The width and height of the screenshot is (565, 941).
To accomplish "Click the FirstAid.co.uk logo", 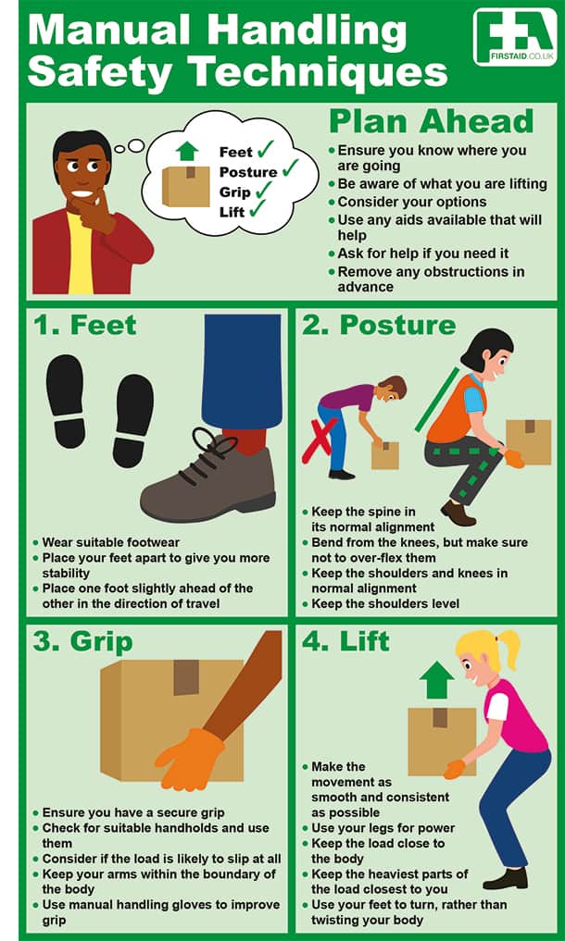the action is tap(514, 37).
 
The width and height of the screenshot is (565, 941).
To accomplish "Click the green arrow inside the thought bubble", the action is tap(187, 150).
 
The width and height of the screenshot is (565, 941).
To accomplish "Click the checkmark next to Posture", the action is tap(290, 168).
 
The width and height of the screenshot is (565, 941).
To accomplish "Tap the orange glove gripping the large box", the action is tap(189, 759).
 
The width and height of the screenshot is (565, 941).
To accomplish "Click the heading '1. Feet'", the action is tap(85, 326).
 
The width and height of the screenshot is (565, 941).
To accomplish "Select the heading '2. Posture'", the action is tap(379, 326).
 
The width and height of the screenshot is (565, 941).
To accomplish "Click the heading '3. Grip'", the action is tap(82, 643).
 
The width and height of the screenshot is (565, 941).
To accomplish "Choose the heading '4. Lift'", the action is tap(346, 641).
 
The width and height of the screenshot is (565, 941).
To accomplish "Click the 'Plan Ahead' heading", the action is tap(431, 122).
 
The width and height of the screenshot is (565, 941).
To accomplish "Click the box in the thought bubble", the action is tap(186, 186).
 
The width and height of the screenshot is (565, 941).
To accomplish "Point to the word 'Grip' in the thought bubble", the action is tap(234, 192).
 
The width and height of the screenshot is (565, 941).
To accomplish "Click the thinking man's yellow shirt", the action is tap(81, 254).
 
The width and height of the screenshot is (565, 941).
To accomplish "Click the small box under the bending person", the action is tap(384, 455).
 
